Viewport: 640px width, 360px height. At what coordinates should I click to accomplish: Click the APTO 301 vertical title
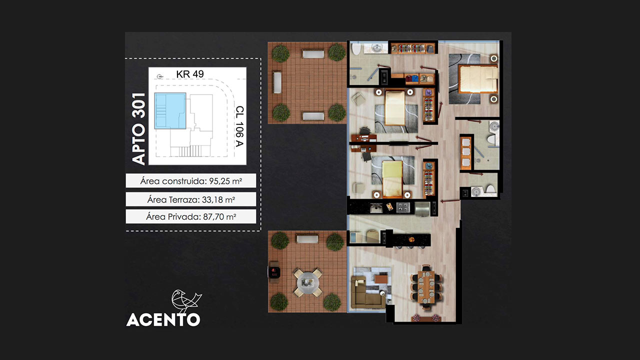[139, 129]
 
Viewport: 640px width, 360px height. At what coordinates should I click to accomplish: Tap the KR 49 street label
[190, 74]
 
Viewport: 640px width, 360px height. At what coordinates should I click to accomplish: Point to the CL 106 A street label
[239, 126]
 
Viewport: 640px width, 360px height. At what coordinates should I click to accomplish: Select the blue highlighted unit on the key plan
[170, 111]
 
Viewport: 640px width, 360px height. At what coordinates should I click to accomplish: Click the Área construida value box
[191, 181]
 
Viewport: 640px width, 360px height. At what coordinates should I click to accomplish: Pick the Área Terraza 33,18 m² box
[191, 199]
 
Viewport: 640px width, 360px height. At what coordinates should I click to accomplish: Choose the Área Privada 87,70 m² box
[191, 216]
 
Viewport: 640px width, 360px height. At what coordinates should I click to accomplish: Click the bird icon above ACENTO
[185, 301]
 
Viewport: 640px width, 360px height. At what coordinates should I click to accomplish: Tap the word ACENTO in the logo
[163, 319]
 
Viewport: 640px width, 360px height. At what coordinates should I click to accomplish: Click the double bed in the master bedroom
[478, 79]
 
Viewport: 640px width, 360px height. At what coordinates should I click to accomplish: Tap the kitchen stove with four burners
[403, 207]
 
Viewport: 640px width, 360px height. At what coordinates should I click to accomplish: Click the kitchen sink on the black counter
[376, 207]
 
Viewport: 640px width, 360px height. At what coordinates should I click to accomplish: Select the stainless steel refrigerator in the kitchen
[422, 209]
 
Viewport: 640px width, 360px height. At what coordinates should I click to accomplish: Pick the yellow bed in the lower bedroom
[392, 179]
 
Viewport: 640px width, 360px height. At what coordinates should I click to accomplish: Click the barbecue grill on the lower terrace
[274, 271]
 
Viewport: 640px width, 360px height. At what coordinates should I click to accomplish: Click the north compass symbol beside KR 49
[160, 76]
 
